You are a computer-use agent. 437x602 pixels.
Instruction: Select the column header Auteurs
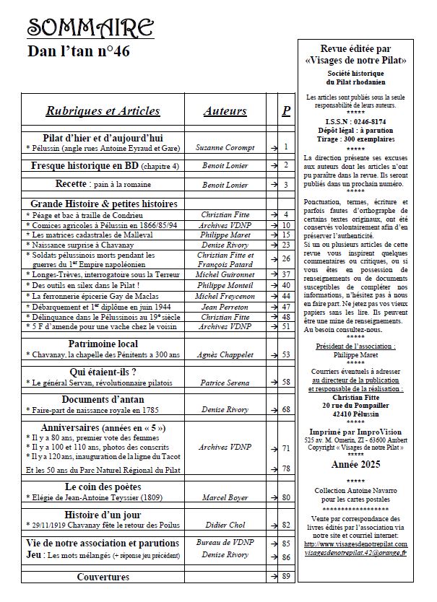[x=225, y=110]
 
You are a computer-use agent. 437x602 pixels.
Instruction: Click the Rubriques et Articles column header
[x=103, y=110]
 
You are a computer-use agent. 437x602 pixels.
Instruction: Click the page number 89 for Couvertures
[x=286, y=576]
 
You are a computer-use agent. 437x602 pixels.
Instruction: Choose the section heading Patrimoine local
[x=103, y=344]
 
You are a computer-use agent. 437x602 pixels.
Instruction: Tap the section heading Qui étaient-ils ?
[x=103, y=371]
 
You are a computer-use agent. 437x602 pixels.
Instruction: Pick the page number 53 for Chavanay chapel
[x=286, y=354]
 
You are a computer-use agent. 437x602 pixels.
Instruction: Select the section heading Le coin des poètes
[x=103, y=486]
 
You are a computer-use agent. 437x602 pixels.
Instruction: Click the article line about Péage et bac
[x=86, y=214]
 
